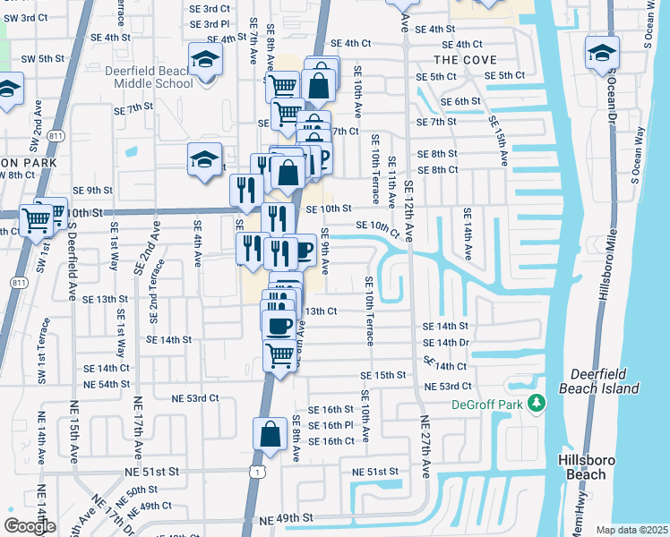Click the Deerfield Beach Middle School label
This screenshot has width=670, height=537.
pyautogui.click(x=153, y=77)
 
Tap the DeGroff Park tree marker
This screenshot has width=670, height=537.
pyautogui.click(x=537, y=404)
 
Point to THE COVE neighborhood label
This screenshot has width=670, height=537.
pyautogui.click(x=465, y=59)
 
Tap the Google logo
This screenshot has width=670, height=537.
pyautogui.click(x=30, y=526)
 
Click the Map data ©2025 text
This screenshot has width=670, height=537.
pyautogui.click(x=632, y=530)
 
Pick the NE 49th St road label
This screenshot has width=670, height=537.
pyautogui.click(x=287, y=518)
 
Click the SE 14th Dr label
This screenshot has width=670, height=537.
pyautogui.click(x=445, y=343)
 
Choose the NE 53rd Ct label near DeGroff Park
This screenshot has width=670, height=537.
pyautogui.click(x=448, y=386)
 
